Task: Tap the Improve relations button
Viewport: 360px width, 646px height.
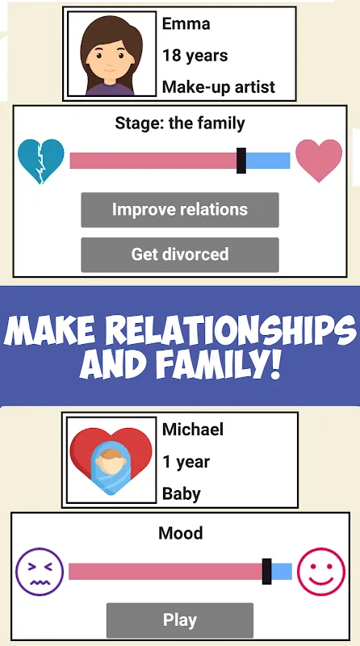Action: coord(179,210)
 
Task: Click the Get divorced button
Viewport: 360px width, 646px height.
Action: coord(179,254)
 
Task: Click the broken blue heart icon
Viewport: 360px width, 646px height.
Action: coord(41,161)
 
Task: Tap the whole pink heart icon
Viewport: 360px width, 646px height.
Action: coord(319,161)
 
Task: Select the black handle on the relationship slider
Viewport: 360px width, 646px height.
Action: coord(241,161)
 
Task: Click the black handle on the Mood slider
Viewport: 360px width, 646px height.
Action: coord(267,572)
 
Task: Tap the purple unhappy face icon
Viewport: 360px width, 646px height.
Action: coord(40,572)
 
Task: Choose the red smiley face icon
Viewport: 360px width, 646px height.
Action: coord(321,572)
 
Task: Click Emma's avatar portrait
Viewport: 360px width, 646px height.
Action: coord(111,54)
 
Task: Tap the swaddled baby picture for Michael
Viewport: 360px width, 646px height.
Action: coord(111,460)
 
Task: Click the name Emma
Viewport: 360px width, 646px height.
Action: coord(186,24)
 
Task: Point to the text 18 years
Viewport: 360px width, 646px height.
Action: coord(195,55)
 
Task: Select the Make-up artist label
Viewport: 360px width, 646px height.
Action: coord(219,87)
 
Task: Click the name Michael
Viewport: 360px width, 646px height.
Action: coord(193,430)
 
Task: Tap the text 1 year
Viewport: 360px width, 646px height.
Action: coord(186,462)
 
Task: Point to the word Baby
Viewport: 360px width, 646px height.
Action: coord(182,493)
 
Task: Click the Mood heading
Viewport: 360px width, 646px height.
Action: coord(181,533)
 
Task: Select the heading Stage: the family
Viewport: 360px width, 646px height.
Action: coord(180,124)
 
